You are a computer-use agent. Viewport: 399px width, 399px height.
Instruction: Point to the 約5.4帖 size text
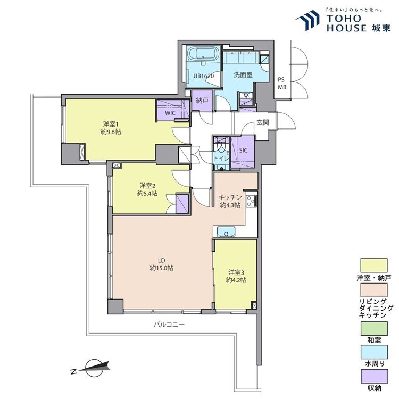[147, 194]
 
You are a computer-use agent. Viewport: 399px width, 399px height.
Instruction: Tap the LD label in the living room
[162, 260]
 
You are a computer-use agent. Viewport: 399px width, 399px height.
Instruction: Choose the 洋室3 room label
[236, 272]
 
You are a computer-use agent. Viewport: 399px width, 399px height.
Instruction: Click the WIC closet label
[170, 113]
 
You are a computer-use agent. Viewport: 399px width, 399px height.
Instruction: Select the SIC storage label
[243, 151]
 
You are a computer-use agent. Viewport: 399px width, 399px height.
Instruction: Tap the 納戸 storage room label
[202, 101]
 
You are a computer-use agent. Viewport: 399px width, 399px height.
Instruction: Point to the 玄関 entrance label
[263, 122]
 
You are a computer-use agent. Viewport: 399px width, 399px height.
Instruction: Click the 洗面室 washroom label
[243, 75]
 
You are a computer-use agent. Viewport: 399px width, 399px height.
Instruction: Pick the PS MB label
[282, 83]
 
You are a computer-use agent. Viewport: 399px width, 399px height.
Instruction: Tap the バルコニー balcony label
[169, 325]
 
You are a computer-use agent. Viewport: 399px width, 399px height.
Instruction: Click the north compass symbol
[93, 368]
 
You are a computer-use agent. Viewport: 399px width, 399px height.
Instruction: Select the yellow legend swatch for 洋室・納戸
[374, 265]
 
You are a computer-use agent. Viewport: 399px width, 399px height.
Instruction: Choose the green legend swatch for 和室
[374, 329]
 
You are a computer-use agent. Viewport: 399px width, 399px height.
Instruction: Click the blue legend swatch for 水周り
[374, 352]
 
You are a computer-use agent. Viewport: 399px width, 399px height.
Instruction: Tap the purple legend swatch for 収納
[374, 376]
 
